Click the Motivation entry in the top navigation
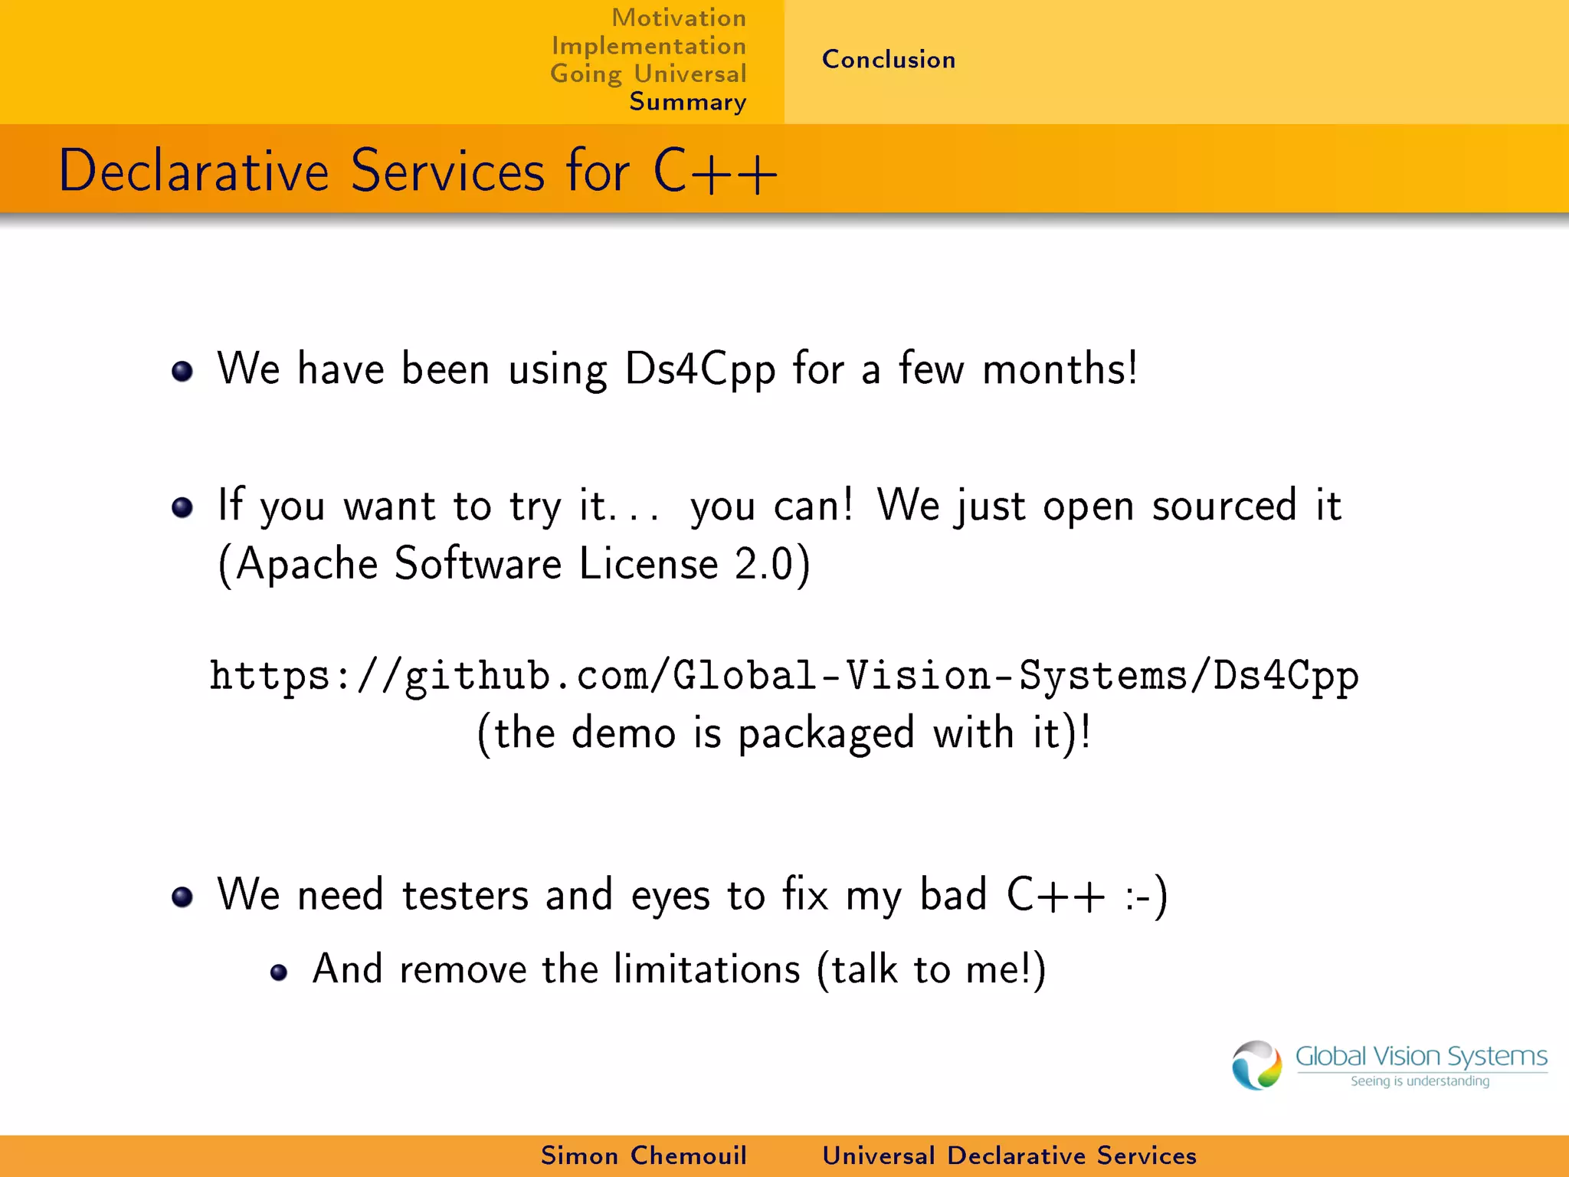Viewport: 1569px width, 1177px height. [678, 18]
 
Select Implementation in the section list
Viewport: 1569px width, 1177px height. [649, 46]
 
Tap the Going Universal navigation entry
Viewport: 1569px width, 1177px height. [648, 74]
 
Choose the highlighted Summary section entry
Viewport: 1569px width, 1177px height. [687, 102]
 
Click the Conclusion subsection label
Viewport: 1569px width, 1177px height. [889, 60]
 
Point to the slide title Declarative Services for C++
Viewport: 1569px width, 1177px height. [418, 170]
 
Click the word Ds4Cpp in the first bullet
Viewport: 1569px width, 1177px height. [700, 369]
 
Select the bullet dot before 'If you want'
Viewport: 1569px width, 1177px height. [182, 507]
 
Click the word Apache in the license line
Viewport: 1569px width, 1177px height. [306, 565]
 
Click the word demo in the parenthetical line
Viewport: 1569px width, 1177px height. [624, 733]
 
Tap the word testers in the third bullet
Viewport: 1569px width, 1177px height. [465, 895]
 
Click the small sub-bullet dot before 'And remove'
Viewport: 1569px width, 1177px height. [279, 973]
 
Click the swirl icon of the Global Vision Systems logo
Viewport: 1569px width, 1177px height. [1256, 1065]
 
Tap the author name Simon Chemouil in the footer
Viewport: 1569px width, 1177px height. [644, 1156]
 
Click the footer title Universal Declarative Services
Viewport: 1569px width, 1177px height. [1009, 1156]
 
